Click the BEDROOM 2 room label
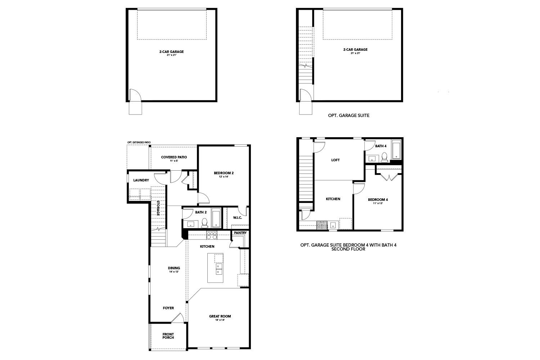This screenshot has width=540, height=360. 224,173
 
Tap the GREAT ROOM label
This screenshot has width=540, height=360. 220,316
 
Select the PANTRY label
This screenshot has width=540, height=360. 240,233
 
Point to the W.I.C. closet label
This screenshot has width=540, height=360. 237,217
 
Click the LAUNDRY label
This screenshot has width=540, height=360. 141,180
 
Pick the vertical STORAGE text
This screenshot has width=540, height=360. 158,208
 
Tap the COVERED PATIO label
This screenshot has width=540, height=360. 174,157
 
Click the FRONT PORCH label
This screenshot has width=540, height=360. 168,336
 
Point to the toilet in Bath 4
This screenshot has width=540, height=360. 384,157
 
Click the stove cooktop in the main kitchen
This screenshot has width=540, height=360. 211,235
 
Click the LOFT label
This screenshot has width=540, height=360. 335,160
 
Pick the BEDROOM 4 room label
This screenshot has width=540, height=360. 378,200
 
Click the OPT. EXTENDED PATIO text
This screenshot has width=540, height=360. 139,143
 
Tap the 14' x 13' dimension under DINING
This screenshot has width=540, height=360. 174,272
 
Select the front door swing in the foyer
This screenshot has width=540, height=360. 177,318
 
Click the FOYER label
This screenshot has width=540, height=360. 168,308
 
